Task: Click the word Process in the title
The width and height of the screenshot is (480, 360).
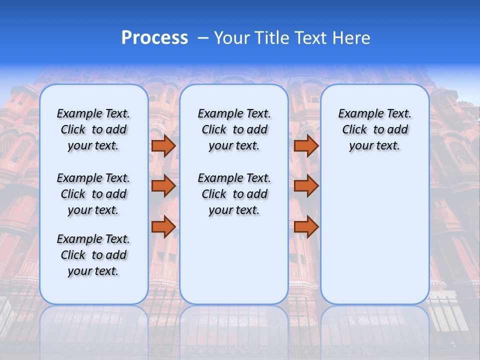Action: (154, 38)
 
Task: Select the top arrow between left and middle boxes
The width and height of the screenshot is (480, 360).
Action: (163, 145)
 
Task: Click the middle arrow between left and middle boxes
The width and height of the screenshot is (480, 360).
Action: (163, 186)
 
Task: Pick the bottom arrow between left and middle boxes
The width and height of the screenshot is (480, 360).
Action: (163, 227)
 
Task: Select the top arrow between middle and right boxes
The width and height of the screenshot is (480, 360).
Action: (306, 145)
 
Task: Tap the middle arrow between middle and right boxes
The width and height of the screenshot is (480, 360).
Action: (306, 186)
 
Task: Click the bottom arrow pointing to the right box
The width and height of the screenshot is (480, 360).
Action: (306, 227)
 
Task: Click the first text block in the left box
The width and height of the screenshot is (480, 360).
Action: (93, 129)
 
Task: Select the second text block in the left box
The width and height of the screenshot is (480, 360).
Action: (93, 194)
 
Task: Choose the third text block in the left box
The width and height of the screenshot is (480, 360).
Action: (93, 255)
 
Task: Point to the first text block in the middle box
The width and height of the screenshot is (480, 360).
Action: (234, 129)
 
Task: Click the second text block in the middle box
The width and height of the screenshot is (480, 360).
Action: (234, 194)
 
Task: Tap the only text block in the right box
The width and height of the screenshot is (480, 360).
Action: (374, 129)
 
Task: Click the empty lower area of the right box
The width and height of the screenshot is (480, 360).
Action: (374, 235)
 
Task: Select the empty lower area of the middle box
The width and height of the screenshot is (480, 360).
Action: (234, 260)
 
